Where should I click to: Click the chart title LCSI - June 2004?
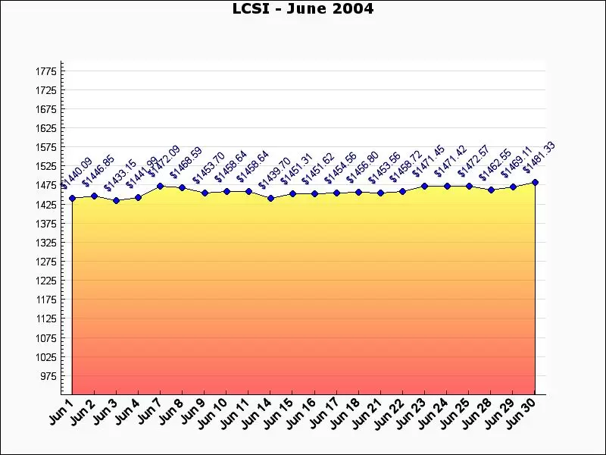[302, 9]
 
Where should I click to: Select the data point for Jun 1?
[72, 199]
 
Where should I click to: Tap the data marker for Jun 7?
[160, 186]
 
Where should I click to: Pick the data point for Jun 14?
[270, 199]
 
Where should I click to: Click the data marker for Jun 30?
[535, 183]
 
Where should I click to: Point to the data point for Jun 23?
[425, 186]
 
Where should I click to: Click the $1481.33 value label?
[539, 158]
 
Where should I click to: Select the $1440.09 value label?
[76, 174]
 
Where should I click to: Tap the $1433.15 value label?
[120, 175]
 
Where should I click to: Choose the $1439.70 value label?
[274, 174]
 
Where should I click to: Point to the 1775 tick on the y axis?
[45, 71]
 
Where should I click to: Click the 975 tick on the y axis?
[48, 376]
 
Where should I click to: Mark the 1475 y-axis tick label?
[45, 186]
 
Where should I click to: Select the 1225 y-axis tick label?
[45, 281]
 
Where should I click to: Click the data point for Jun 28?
[491, 190]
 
